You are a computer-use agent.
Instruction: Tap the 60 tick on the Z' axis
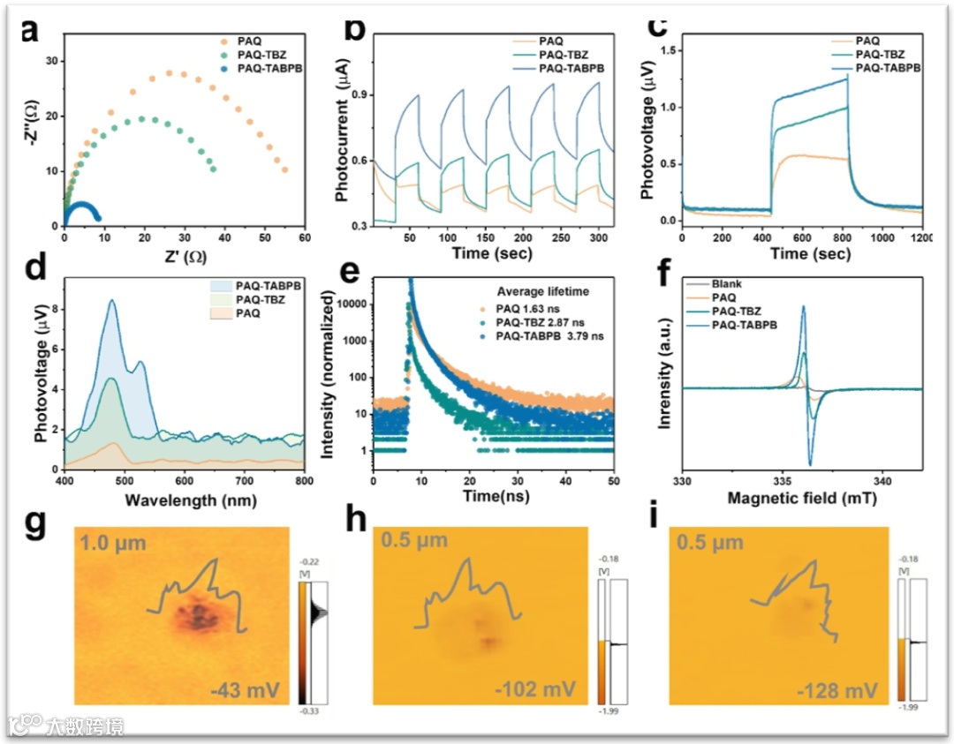(305, 237)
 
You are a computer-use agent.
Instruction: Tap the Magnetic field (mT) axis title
(802, 499)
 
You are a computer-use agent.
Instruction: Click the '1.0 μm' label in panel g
(114, 545)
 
